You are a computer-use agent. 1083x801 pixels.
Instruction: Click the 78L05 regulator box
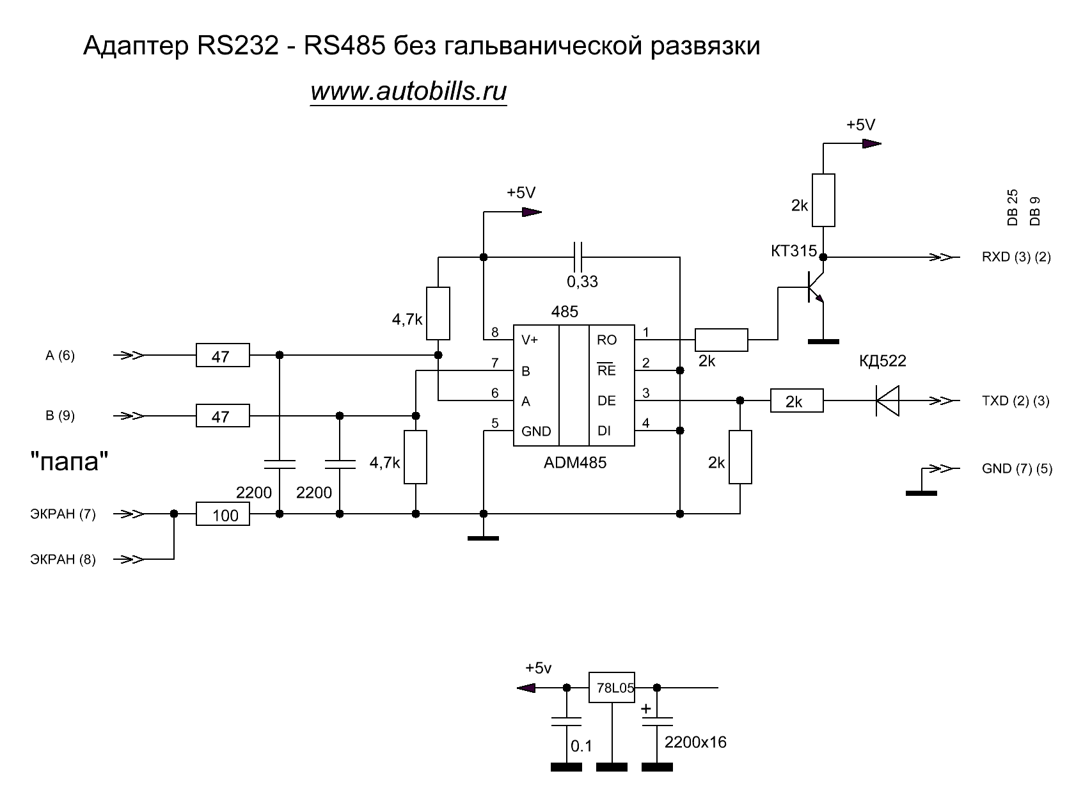click(x=612, y=688)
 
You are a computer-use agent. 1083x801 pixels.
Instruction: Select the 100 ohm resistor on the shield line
click(x=223, y=514)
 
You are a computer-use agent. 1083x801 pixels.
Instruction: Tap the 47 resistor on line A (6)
click(x=222, y=356)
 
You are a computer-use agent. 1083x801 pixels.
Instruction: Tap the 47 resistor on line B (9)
click(x=222, y=416)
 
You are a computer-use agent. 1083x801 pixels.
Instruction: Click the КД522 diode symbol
click(x=887, y=401)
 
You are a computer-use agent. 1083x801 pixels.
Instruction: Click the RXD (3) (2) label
click(x=1016, y=258)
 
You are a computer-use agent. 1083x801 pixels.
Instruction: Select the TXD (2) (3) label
click(x=1016, y=402)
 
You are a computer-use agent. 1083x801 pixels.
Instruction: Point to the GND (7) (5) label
click(x=1016, y=469)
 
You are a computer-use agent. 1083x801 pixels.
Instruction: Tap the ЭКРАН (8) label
click(x=63, y=560)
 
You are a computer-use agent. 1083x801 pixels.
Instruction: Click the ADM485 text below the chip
click(x=574, y=463)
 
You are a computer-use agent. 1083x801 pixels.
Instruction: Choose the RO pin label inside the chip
click(x=606, y=340)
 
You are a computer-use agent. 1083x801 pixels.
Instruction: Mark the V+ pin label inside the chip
click(x=530, y=340)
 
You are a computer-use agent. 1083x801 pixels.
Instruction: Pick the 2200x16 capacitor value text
click(x=695, y=743)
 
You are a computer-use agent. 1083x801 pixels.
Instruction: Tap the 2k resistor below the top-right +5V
click(x=823, y=200)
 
